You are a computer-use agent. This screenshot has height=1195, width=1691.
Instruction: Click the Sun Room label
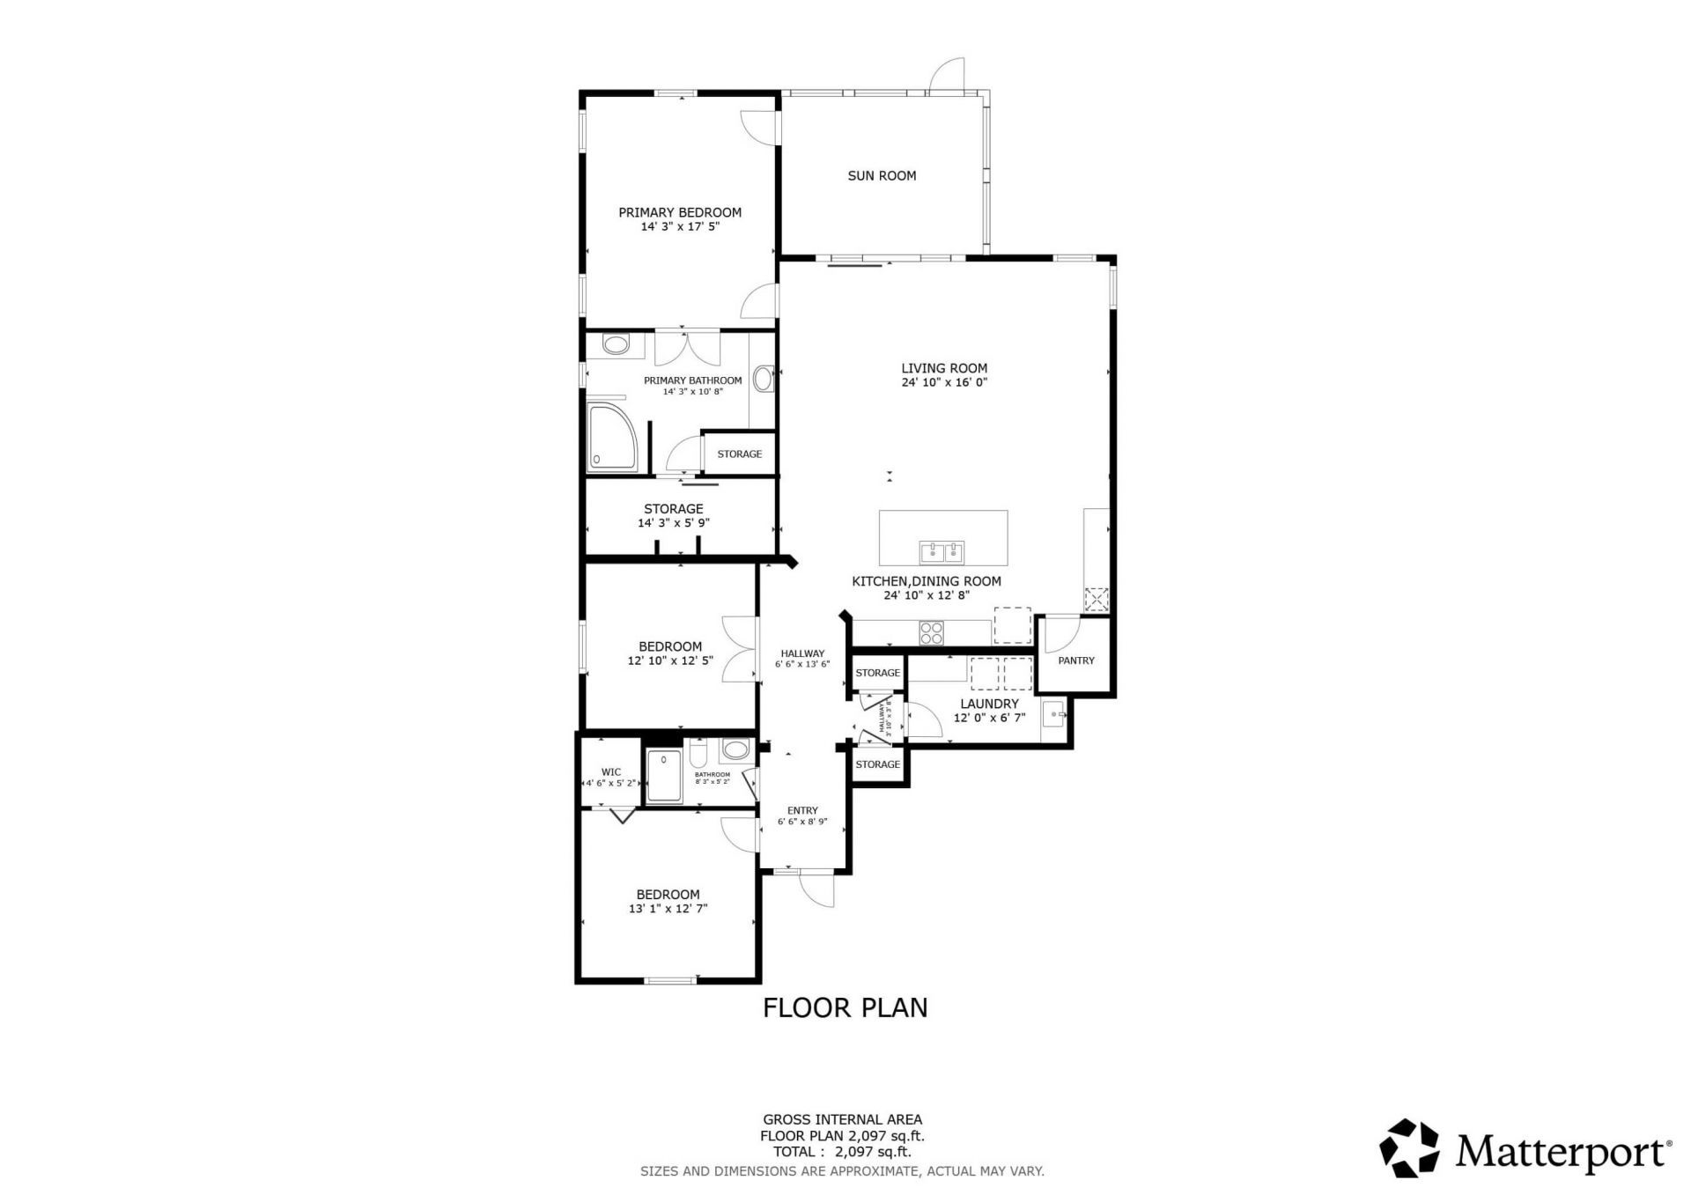click(882, 176)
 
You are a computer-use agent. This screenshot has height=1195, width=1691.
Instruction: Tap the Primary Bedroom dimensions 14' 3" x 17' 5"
click(680, 226)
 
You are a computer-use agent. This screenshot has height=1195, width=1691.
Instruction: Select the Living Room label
click(944, 368)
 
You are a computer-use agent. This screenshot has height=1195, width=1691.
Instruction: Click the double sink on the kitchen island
click(942, 552)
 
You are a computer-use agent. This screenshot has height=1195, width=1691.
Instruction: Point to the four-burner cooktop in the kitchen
click(932, 632)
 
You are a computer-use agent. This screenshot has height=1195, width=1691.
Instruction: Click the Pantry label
click(1076, 660)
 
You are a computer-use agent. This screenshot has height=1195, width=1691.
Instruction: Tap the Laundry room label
click(989, 704)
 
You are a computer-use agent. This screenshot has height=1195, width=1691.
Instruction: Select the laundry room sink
click(1053, 714)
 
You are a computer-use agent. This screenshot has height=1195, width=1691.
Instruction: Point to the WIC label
click(611, 772)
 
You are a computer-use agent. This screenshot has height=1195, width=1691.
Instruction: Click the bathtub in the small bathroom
click(664, 776)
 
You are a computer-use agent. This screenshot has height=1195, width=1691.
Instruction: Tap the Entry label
click(802, 810)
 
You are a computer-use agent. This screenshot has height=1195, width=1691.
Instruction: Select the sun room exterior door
click(948, 74)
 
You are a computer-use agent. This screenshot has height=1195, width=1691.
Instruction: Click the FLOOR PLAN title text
click(845, 1007)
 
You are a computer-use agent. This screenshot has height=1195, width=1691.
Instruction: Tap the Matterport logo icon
click(1409, 1147)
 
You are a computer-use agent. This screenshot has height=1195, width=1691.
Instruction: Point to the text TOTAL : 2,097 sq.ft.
click(842, 1151)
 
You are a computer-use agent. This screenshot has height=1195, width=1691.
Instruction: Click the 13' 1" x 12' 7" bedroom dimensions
click(668, 909)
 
